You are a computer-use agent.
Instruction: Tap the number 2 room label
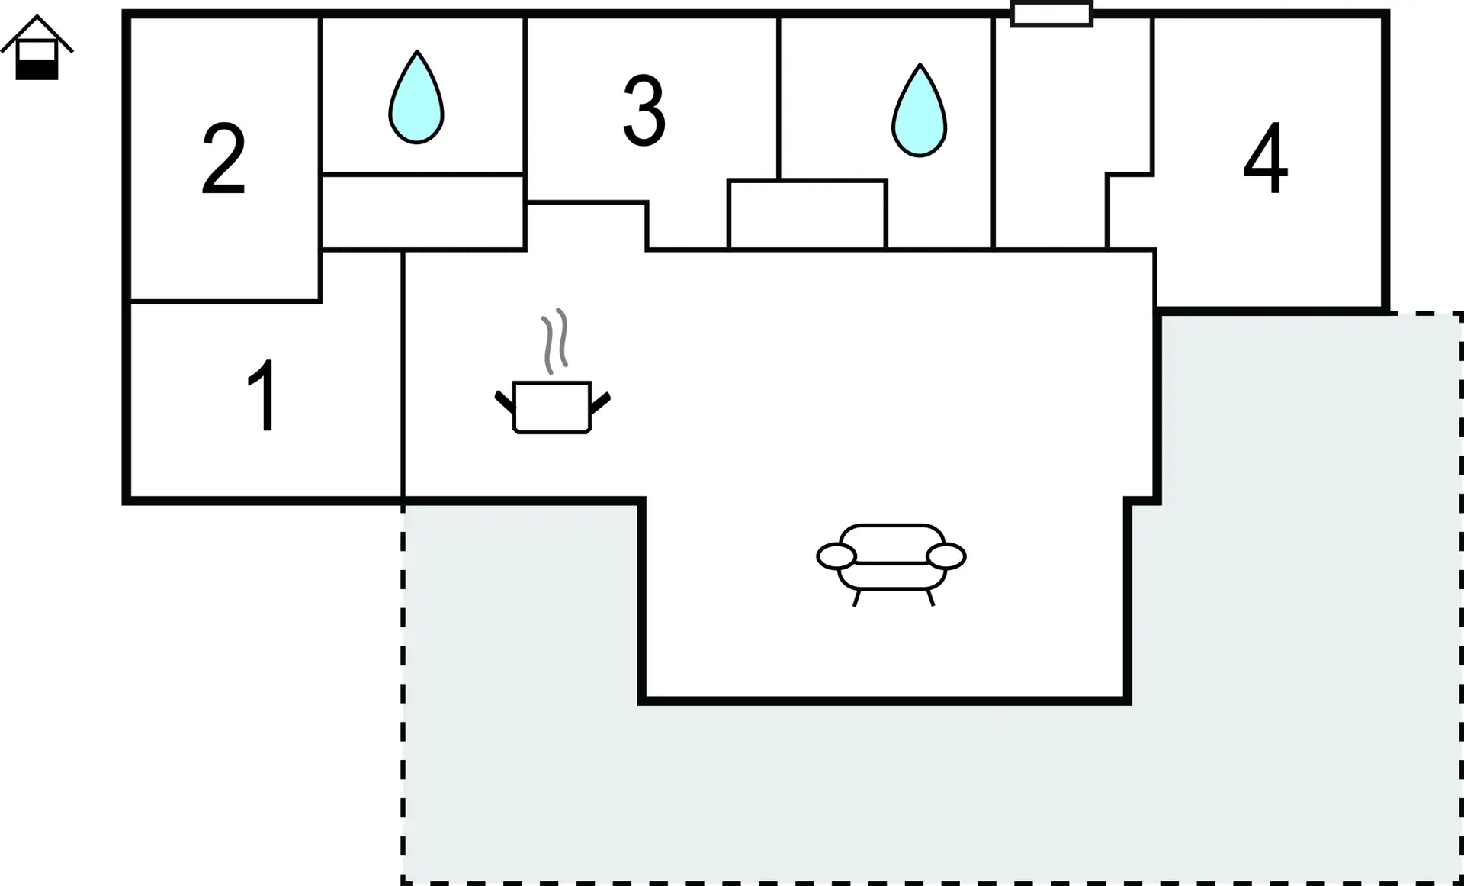pos(223,159)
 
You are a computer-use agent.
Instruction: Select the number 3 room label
pos(644,111)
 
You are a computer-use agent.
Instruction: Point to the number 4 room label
pos(1266,158)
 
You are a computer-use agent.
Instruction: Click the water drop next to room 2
pos(416,97)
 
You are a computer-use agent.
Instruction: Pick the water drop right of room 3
pos(919,111)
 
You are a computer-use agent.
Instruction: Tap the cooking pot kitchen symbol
pos(552,407)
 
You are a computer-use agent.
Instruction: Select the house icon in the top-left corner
pos(37,47)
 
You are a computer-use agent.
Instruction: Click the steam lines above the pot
pos(555,341)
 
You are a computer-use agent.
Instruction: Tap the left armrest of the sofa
pos(836,557)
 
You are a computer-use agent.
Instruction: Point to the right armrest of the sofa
pos(946,557)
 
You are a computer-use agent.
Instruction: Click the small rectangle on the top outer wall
pos(1051,14)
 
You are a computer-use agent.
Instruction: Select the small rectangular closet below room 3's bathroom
pos(807,214)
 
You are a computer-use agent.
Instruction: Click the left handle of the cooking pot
pos(504,401)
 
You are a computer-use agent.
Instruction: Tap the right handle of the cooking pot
pos(600,402)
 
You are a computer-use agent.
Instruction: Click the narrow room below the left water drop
pos(422,212)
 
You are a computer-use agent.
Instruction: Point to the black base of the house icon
pos(37,69)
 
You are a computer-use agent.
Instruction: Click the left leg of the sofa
pos(857,598)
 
